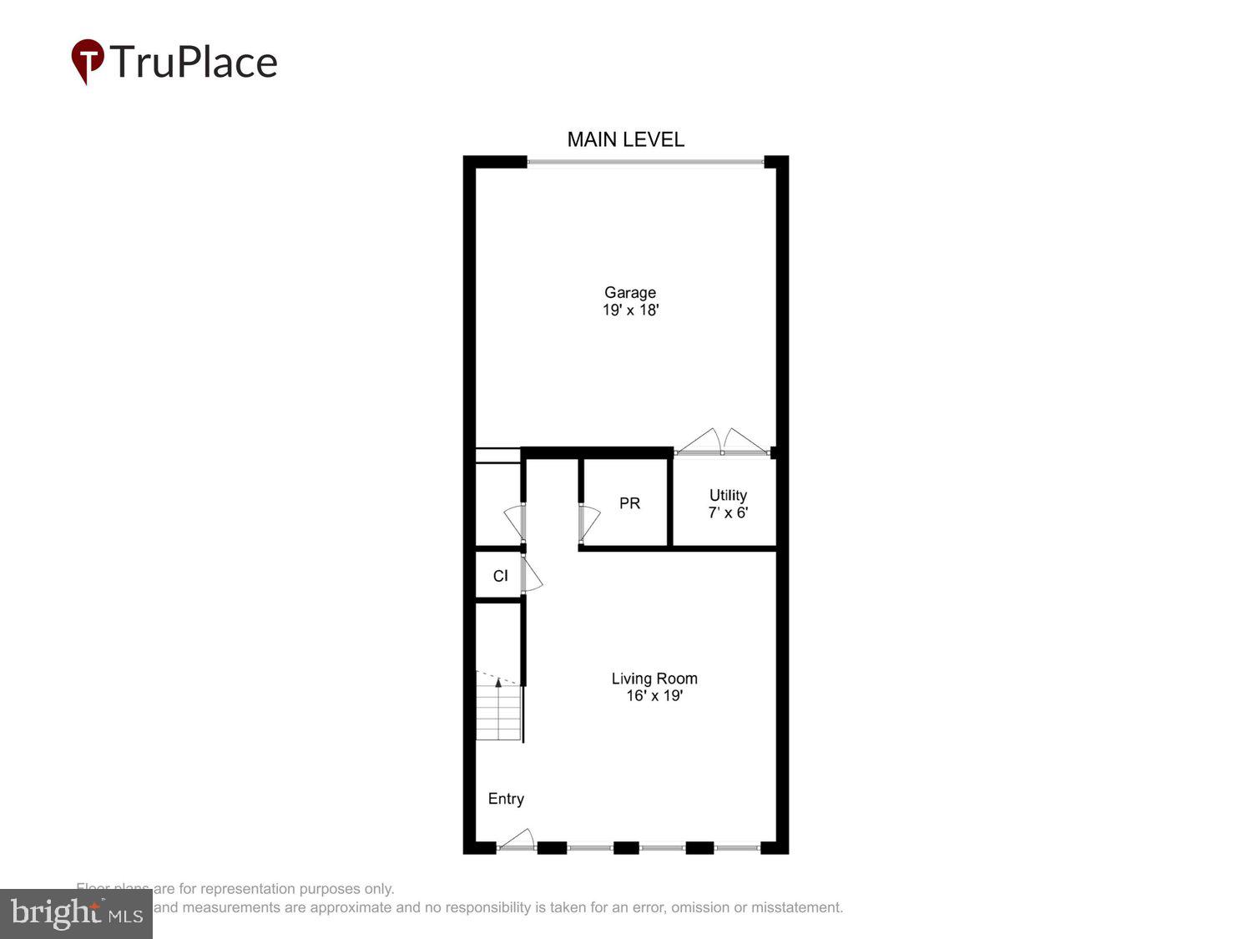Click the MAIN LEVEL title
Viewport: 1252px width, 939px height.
click(x=625, y=139)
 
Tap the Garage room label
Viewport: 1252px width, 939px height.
click(x=630, y=292)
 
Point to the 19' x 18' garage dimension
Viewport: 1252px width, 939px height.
click(x=630, y=310)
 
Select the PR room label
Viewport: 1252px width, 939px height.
click(x=629, y=503)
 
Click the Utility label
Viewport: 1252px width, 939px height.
click(x=728, y=495)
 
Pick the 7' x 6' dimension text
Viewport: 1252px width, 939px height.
click(x=728, y=512)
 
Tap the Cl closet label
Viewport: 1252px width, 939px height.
click(x=500, y=576)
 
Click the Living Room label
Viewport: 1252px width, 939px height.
click(x=654, y=679)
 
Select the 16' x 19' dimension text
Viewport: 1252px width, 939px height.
click(x=654, y=696)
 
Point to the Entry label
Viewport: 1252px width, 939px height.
click(x=506, y=799)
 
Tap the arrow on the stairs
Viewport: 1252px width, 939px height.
click(x=498, y=683)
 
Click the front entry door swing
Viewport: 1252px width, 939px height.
click(x=518, y=840)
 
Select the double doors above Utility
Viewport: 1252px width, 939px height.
click(x=721, y=442)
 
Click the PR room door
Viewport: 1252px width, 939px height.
click(x=588, y=523)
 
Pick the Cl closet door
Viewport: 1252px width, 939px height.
click(x=531, y=575)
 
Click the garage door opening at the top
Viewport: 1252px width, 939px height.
click(x=645, y=162)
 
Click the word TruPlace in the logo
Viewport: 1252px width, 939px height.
click(x=193, y=63)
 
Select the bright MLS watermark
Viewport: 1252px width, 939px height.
click(x=76, y=914)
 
